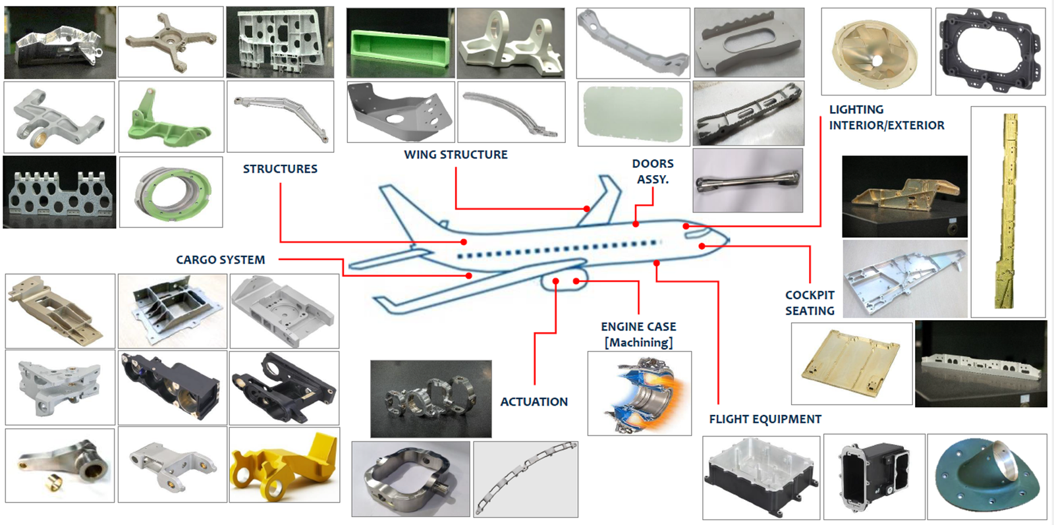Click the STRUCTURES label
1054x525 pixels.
coord(280,169)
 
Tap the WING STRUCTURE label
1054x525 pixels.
coord(455,155)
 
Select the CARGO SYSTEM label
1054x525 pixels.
coord(220,260)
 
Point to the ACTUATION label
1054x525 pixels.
coord(534,402)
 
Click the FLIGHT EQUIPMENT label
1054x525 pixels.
coord(765,419)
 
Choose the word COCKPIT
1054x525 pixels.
coord(810,295)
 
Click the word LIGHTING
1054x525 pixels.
coord(856,109)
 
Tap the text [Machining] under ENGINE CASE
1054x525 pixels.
coord(638,343)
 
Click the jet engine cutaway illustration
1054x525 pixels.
coord(640,393)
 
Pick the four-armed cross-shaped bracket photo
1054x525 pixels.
coord(171,41)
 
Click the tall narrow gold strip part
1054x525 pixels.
coord(1008,211)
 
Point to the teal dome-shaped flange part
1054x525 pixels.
coord(986,476)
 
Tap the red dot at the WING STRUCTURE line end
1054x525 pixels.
coord(586,209)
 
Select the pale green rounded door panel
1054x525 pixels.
coord(633,113)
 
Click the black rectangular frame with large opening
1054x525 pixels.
coord(990,51)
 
